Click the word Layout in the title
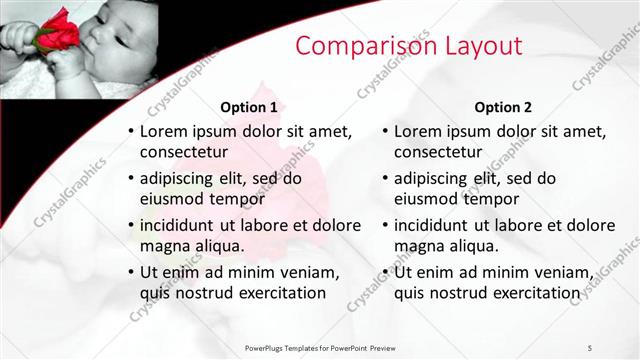click(477, 46)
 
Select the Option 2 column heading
click(503, 106)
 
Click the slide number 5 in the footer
click(590, 346)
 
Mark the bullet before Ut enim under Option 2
click(385, 272)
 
